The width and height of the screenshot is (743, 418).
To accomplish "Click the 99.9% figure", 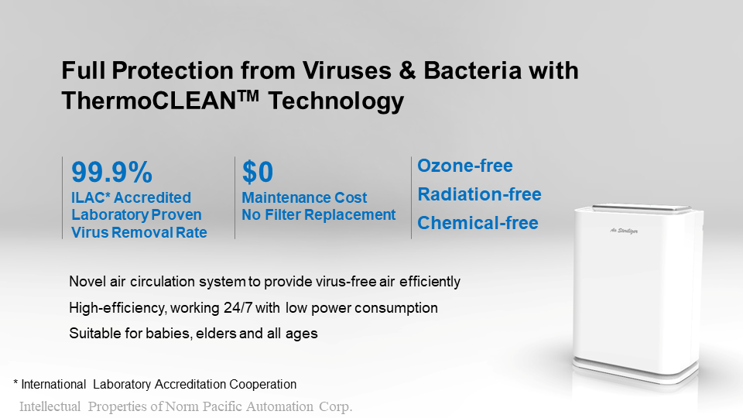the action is [111, 172].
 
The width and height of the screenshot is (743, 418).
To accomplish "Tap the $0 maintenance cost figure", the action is [258, 172].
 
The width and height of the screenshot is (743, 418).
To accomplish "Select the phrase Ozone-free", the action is [465, 166].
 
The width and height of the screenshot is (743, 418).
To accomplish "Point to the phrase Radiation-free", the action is [479, 194].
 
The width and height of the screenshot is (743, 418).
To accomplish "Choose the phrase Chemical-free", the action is [478, 223].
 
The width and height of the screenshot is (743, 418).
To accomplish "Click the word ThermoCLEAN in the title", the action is [149, 101].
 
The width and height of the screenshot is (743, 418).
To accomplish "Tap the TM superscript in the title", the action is [248, 95].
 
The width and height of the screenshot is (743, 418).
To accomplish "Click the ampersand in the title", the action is [407, 70].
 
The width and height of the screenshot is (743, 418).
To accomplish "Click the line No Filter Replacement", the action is [318, 214].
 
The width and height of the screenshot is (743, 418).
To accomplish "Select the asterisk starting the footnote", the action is [15, 382].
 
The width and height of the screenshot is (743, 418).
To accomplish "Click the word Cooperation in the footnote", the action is [262, 385].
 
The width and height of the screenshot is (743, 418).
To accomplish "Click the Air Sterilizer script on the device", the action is [624, 231].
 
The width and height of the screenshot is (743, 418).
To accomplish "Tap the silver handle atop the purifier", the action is [642, 207].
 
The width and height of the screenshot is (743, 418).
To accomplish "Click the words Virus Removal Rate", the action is [139, 233].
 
